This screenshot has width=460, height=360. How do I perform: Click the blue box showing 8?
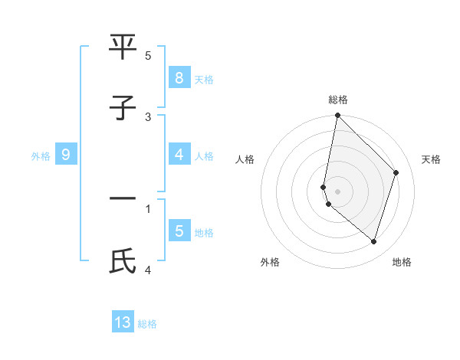tap(179, 77)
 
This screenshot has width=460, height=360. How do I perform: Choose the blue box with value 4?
tap(179, 155)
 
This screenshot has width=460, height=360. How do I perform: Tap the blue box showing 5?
tap(179, 231)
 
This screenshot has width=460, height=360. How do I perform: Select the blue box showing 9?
tap(66, 155)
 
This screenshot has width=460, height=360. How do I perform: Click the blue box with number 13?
tap(123, 322)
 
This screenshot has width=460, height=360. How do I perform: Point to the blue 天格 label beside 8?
tap(204, 79)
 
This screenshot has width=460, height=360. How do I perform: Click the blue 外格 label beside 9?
tap(41, 155)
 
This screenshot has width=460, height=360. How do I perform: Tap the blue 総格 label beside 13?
tap(147, 324)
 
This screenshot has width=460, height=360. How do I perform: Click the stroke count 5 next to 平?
tap(148, 56)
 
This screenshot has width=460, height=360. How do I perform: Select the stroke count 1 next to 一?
tap(148, 208)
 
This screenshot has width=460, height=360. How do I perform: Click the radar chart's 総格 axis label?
tap(338, 100)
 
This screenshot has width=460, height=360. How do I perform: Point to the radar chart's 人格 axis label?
tap(245, 159)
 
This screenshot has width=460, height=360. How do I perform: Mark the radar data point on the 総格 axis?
tap(337, 115)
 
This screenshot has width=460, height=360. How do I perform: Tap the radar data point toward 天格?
tap(396, 172)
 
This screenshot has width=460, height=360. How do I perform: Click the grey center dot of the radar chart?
tap(337, 191)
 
